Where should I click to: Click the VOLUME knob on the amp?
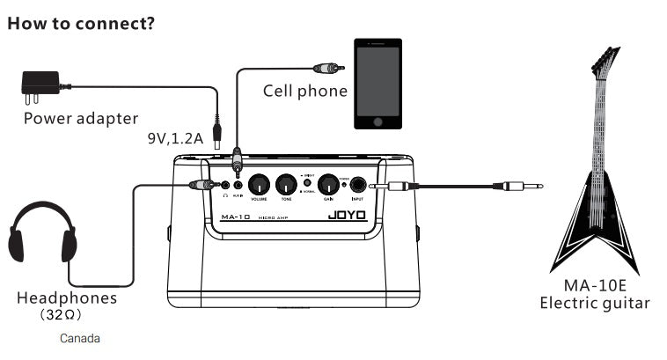259,185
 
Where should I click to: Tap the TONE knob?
286,185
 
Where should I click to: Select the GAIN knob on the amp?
327,185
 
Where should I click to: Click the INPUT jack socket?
359,186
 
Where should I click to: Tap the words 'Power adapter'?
81,118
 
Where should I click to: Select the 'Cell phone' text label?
305,91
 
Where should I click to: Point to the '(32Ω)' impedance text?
67,314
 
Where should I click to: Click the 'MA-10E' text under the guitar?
594,287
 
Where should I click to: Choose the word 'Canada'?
80,338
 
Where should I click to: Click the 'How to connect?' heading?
81,23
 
